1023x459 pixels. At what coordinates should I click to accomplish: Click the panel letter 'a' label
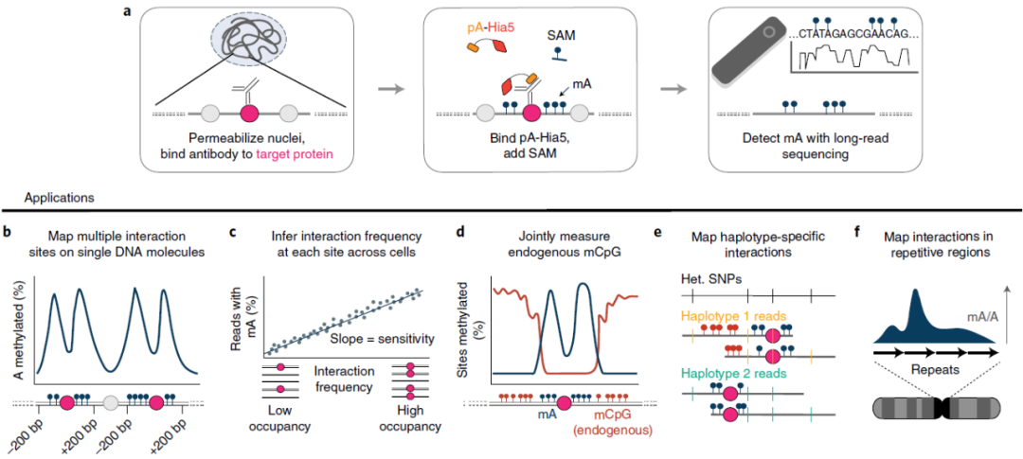pos(127,12)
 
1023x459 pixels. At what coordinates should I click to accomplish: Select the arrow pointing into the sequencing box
pos(674,90)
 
